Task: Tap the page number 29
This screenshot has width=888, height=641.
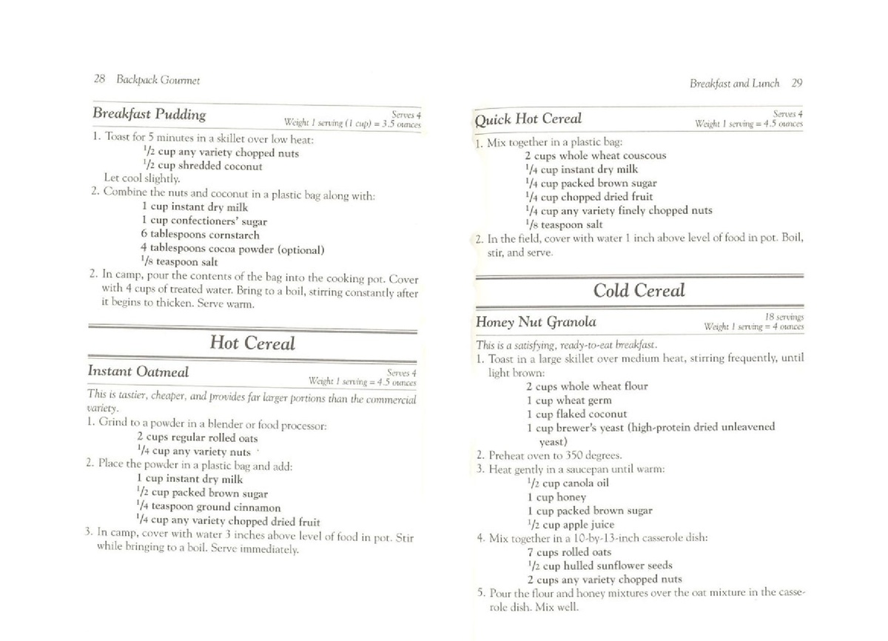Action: coord(796,83)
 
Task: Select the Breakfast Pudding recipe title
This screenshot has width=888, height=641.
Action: coord(149,114)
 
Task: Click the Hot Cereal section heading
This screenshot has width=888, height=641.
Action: coord(252,343)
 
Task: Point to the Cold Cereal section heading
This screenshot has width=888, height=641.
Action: coord(639,290)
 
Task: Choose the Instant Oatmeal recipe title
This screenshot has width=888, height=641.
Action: coord(138,371)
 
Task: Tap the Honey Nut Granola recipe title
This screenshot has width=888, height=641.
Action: coord(536,322)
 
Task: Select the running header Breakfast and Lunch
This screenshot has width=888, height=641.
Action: coord(734,83)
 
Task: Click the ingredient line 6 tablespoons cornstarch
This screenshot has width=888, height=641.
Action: coord(200,235)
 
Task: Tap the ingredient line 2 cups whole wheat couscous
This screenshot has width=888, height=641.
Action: coord(595,155)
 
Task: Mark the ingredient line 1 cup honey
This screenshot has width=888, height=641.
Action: coord(556,497)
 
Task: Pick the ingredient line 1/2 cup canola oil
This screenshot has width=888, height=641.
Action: coord(567,483)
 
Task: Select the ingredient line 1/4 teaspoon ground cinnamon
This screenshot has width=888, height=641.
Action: coord(209,507)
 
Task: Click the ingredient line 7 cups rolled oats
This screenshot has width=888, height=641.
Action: coord(568,552)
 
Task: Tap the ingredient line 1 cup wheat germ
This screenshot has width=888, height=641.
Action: coord(568,400)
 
